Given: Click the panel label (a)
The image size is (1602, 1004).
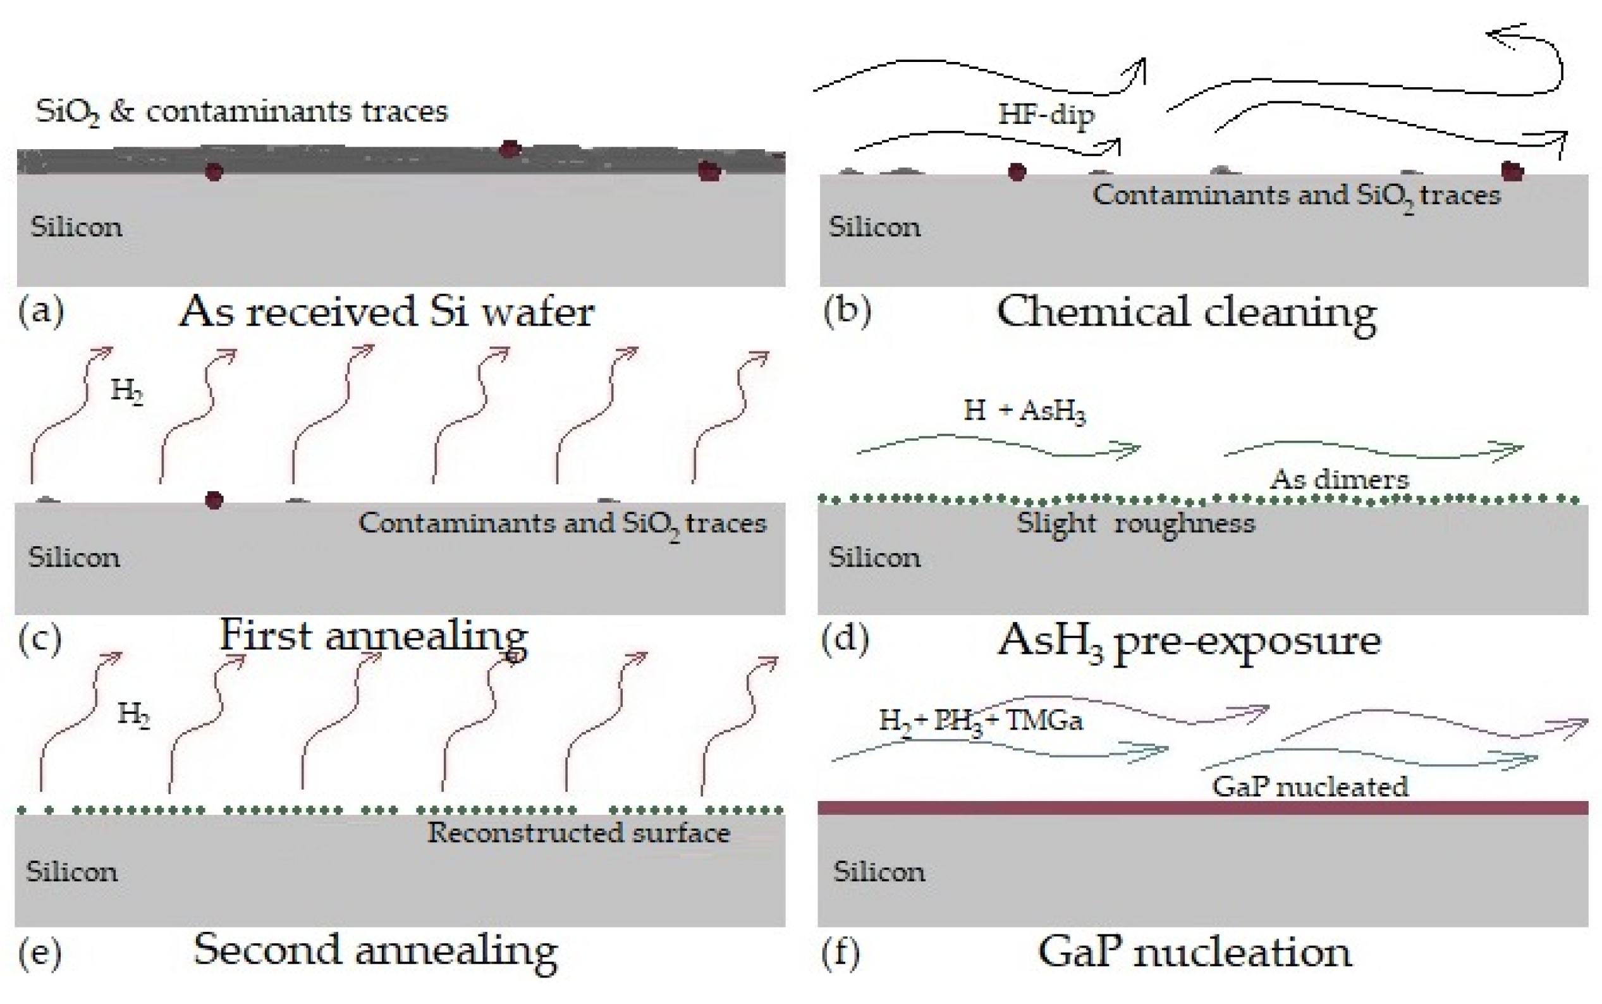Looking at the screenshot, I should [x=41, y=310].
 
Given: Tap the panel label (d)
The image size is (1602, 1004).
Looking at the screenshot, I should [x=845, y=638].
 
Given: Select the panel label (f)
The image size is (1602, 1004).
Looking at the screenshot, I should [x=840, y=952].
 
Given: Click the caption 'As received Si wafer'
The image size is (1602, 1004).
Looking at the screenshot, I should [x=386, y=311].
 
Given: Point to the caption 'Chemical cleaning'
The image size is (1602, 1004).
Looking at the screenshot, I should [x=1186, y=312].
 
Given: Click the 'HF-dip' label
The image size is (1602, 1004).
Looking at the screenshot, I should [x=1046, y=114].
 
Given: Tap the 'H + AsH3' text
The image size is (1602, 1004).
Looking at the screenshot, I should [x=1024, y=410].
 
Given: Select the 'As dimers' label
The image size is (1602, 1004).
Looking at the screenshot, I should [x=1338, y=479].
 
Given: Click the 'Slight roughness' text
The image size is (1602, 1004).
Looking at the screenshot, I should [x=1135, y=523].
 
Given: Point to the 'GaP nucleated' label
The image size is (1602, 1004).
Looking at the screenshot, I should [x=1309, y=787].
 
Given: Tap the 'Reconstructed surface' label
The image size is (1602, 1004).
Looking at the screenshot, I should [x=578, y=833].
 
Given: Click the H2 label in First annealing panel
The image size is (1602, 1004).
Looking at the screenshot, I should [x=126, y=391].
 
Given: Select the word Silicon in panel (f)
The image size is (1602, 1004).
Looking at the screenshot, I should [x=877, y=871].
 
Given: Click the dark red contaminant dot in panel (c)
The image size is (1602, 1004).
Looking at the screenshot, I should [x=214, y=500].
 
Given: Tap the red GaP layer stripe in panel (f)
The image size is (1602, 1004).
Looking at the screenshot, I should [x=1202, y=807].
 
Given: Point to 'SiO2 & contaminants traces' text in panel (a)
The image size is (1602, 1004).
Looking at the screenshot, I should [x=242, y=111].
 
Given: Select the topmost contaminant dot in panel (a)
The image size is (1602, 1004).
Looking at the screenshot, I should [x=509, y=149].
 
